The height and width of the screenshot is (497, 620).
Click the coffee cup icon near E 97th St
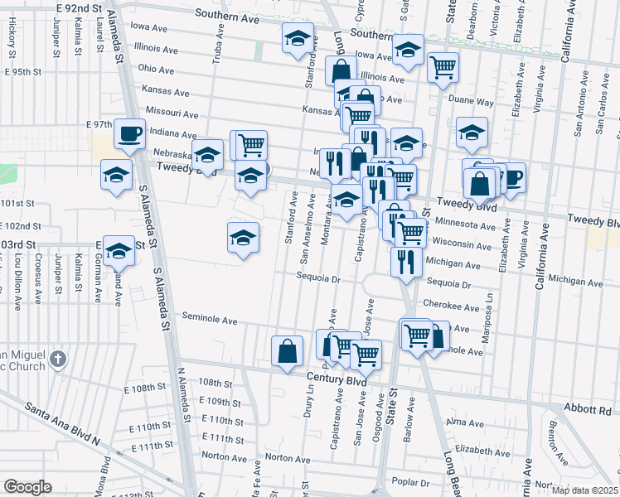point(128,133)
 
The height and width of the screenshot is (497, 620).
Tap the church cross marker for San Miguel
point(56,359)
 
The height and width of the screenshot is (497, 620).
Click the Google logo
point(27,486)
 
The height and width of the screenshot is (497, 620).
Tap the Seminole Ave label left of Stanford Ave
point(210,321)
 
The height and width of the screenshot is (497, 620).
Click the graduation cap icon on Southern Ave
point(298,38)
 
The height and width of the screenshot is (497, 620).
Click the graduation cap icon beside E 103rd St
point(119,249)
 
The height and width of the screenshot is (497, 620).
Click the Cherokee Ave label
point(451,305)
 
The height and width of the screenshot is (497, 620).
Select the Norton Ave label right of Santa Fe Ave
point(288,458)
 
